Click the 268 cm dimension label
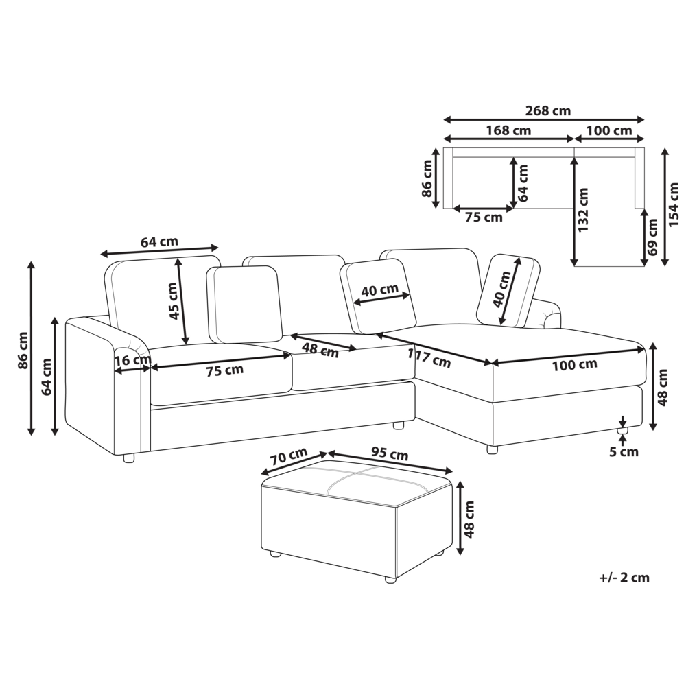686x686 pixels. tap(547, 110)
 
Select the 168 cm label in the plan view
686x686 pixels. tap(508, 130)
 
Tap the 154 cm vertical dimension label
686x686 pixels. tap(674, 204)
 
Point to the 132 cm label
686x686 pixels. tap(583, 210)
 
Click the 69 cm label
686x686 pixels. tap(652, 237)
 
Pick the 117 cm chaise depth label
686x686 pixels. tap(429, 358)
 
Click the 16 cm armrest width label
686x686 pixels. tap(133, 361)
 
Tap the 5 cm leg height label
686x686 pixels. tap(624, 451)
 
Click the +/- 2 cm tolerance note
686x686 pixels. tap(624, 578)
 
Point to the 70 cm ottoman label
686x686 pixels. tap(288, 457)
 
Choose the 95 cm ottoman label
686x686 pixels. tap(390, 453)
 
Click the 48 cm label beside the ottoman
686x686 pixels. tap(469, 519)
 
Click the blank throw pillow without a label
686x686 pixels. tap(244, 305)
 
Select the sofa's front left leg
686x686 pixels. tap(129, 458)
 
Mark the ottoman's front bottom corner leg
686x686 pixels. tap(390, 580)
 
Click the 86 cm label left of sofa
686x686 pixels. tap(23, 350)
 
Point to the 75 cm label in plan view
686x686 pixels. tap(484, 217)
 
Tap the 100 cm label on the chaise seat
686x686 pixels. tap(574, 366)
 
